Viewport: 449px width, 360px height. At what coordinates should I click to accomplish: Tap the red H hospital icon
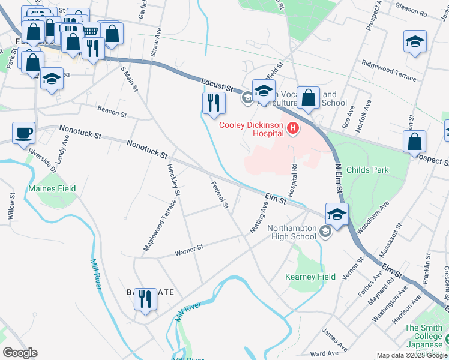[x=292, y=128]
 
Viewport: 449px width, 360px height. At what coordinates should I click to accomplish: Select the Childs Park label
[x=367, y=170]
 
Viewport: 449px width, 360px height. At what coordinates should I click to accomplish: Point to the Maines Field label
[x=52, y=188]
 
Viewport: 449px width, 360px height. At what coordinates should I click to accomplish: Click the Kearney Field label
[x=310, y=277]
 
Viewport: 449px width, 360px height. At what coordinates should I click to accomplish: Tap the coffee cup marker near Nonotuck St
[x=23, y=133]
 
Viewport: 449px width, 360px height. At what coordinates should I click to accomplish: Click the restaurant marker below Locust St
[x=213, y=103]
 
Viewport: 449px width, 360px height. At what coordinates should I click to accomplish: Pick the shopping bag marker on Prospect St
[x=414, y=143]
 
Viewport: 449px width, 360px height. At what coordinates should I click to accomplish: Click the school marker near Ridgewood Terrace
[x=415, y=42]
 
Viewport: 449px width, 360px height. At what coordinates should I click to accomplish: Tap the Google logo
[x=20, y=353]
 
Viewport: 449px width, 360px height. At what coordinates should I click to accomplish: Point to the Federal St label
[x=220, y=196]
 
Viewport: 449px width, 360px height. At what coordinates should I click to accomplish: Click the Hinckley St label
[x=173, y=179]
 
